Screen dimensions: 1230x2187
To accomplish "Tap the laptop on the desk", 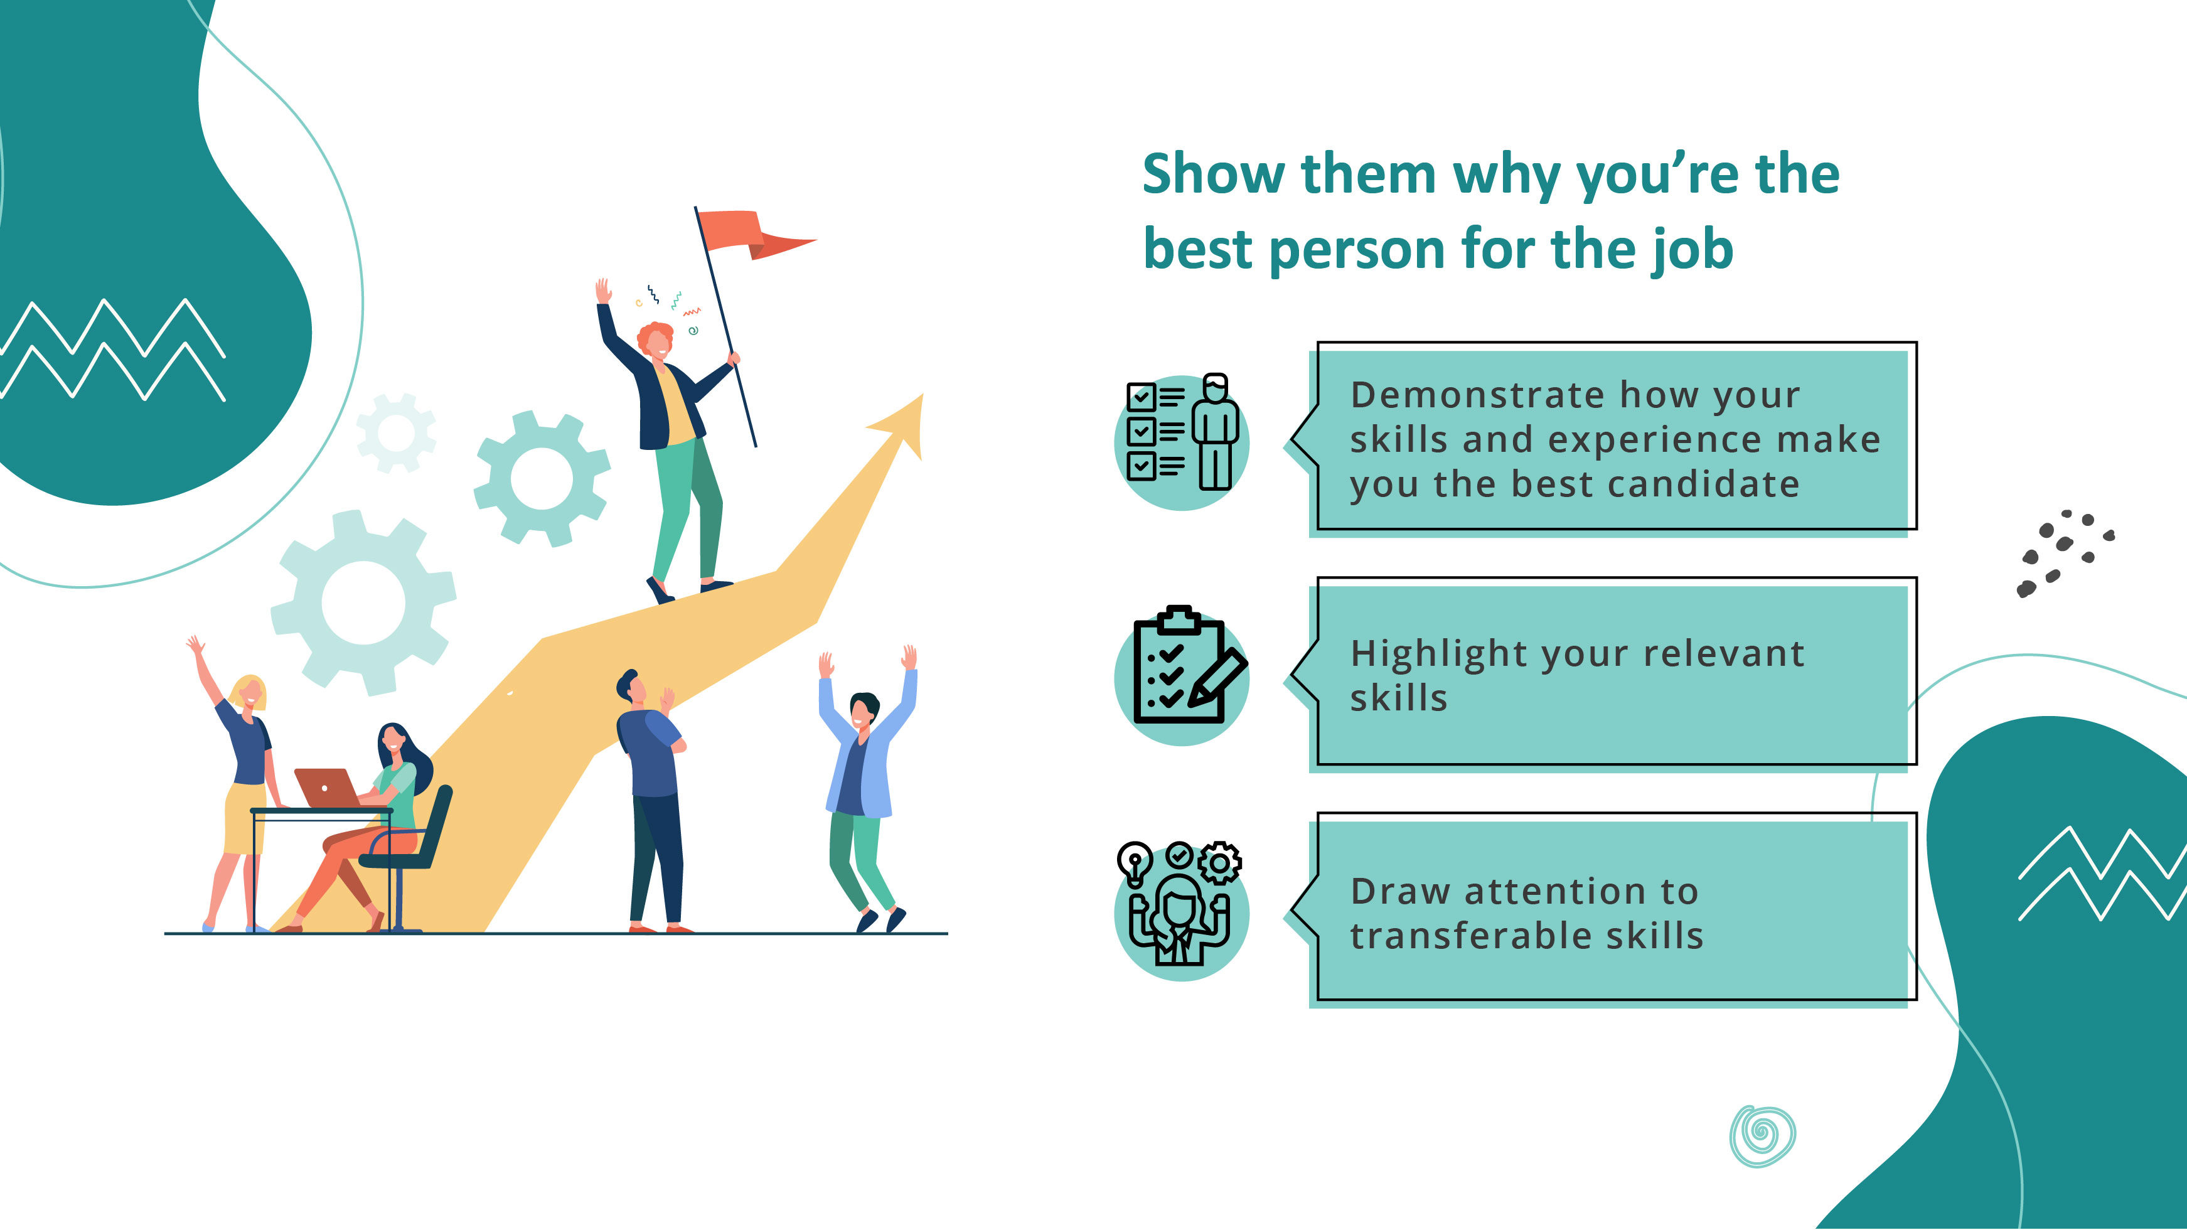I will click(327, 788).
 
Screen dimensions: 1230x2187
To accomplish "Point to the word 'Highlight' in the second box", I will click(1440, 655).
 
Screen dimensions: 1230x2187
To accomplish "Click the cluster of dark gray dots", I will click(2063, 552).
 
